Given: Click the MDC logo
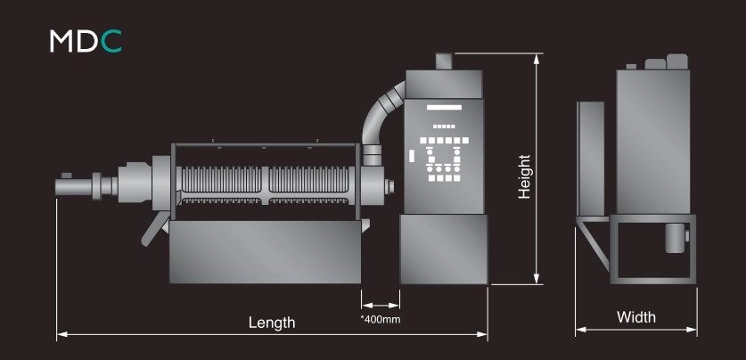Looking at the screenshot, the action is tap(86, 41).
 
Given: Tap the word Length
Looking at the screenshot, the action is tap(272, 323).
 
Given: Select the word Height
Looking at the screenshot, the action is tap(524, 176).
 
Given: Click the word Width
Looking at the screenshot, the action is tap(636, 316).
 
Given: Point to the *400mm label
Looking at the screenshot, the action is tap(381, 319).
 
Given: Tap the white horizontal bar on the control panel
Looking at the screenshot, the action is tap(444, 108).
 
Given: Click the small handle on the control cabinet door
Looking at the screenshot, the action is tap(412, 157).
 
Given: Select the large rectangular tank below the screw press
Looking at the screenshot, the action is tap(265, 251).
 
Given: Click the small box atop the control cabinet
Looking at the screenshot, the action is tap(445, 61).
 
